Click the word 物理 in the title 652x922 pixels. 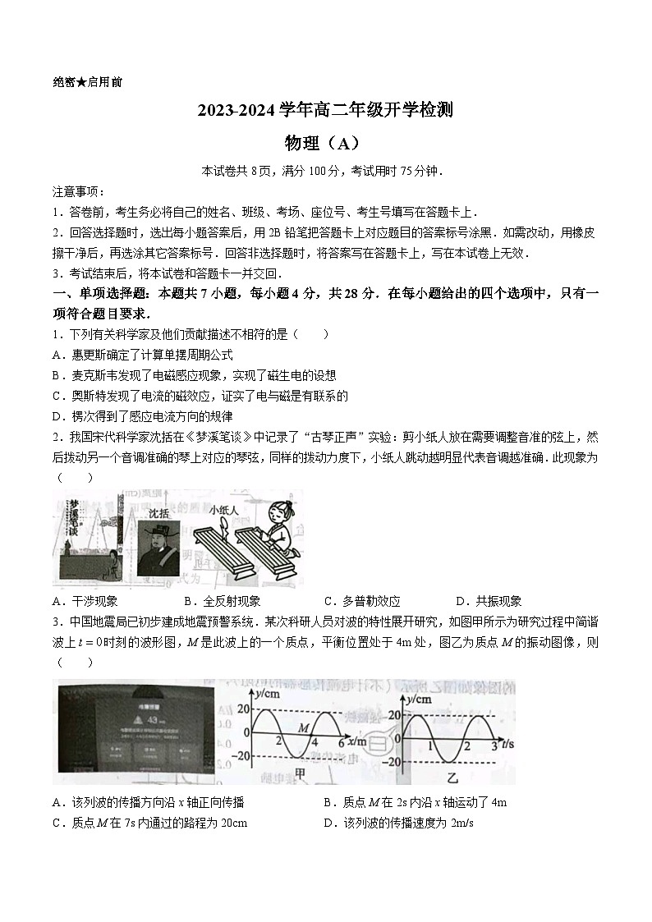(301, 143)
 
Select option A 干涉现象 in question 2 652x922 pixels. (85, 601)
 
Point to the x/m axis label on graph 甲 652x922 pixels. (358, 741)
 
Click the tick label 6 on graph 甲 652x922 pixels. (341, 742)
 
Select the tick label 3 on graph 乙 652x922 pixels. (493, 745)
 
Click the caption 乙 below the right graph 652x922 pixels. (451, 775)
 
